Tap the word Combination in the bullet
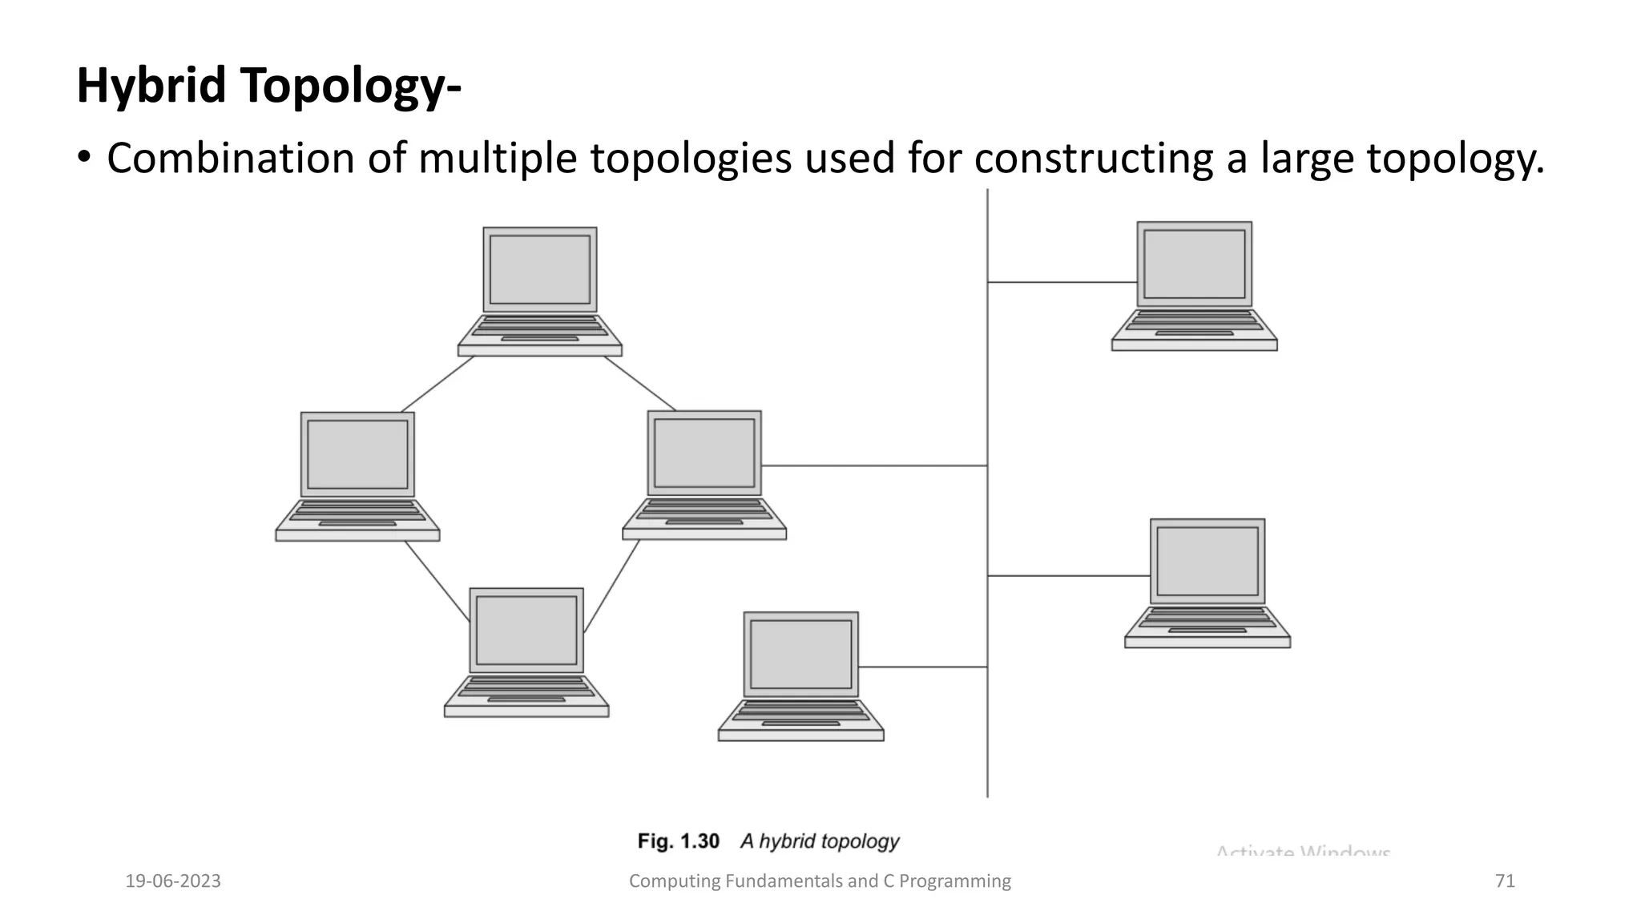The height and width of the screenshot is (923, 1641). click(230, 158)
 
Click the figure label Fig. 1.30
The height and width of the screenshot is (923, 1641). click(678, 841)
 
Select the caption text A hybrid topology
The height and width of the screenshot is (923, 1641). click(819, 841)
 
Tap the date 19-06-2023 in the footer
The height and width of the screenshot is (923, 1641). click(173, 881)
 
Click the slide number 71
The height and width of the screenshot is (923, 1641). click(1505, 881)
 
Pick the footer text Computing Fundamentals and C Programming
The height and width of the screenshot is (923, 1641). click(820, 881)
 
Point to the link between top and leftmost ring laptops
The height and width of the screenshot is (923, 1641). click(437, 385)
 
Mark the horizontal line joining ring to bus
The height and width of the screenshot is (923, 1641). click(873, 466)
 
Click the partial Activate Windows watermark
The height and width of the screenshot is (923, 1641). click(1303, 851)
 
